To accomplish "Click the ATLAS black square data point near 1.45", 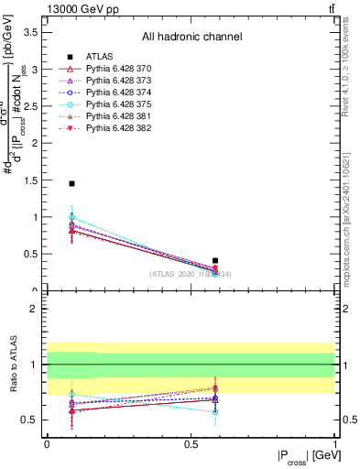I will tap(71, 184).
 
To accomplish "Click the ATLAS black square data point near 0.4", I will tap(215, 261).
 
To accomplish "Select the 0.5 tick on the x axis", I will tap(191, 444).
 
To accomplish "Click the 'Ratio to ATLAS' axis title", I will tap(12, 365).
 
